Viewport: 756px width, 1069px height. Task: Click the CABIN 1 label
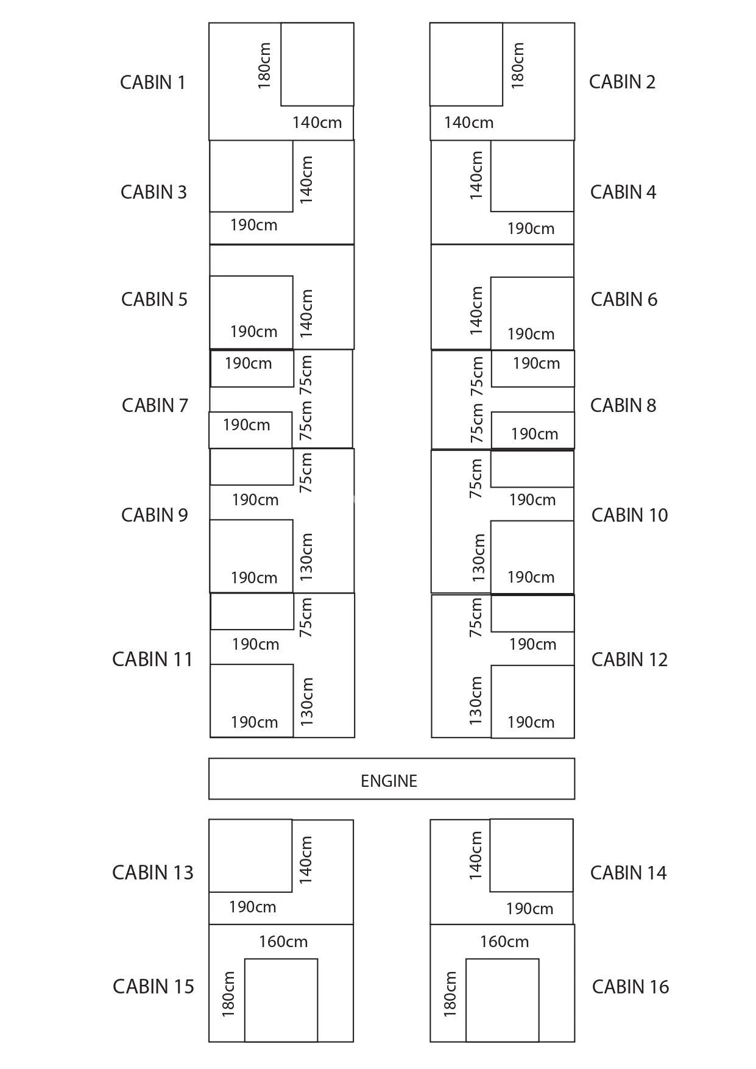(152, 82)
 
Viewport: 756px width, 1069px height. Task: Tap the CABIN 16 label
(630, 987)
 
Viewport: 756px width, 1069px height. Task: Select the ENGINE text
(389, 781)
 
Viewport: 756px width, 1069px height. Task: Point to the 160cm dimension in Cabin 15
(283, 942)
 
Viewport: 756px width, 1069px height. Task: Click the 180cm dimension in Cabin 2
(517, 65)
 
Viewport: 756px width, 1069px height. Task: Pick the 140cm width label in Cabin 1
(317, 123)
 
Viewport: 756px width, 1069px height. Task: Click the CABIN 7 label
(155, 405)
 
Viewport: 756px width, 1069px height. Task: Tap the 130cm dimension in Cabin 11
(307, 701)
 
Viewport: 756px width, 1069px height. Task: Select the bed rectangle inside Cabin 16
(502, 1000)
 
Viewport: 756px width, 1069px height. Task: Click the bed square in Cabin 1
(317, 64)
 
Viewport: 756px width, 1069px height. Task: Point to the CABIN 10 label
(629, 515)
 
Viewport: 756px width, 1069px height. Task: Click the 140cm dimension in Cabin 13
(306, 859)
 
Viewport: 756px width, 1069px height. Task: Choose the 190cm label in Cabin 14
(529, 909)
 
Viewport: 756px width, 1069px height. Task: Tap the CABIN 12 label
(629, 659)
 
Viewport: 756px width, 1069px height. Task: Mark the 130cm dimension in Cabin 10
(479, 557)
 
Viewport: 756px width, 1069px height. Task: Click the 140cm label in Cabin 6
(476, 311)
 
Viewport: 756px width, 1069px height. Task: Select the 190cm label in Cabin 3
(253, 226)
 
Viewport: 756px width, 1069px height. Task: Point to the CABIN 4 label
(623, 192)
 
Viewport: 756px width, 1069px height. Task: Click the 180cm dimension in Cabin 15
(228, 994)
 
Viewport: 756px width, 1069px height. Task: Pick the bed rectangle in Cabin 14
(531, 855)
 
